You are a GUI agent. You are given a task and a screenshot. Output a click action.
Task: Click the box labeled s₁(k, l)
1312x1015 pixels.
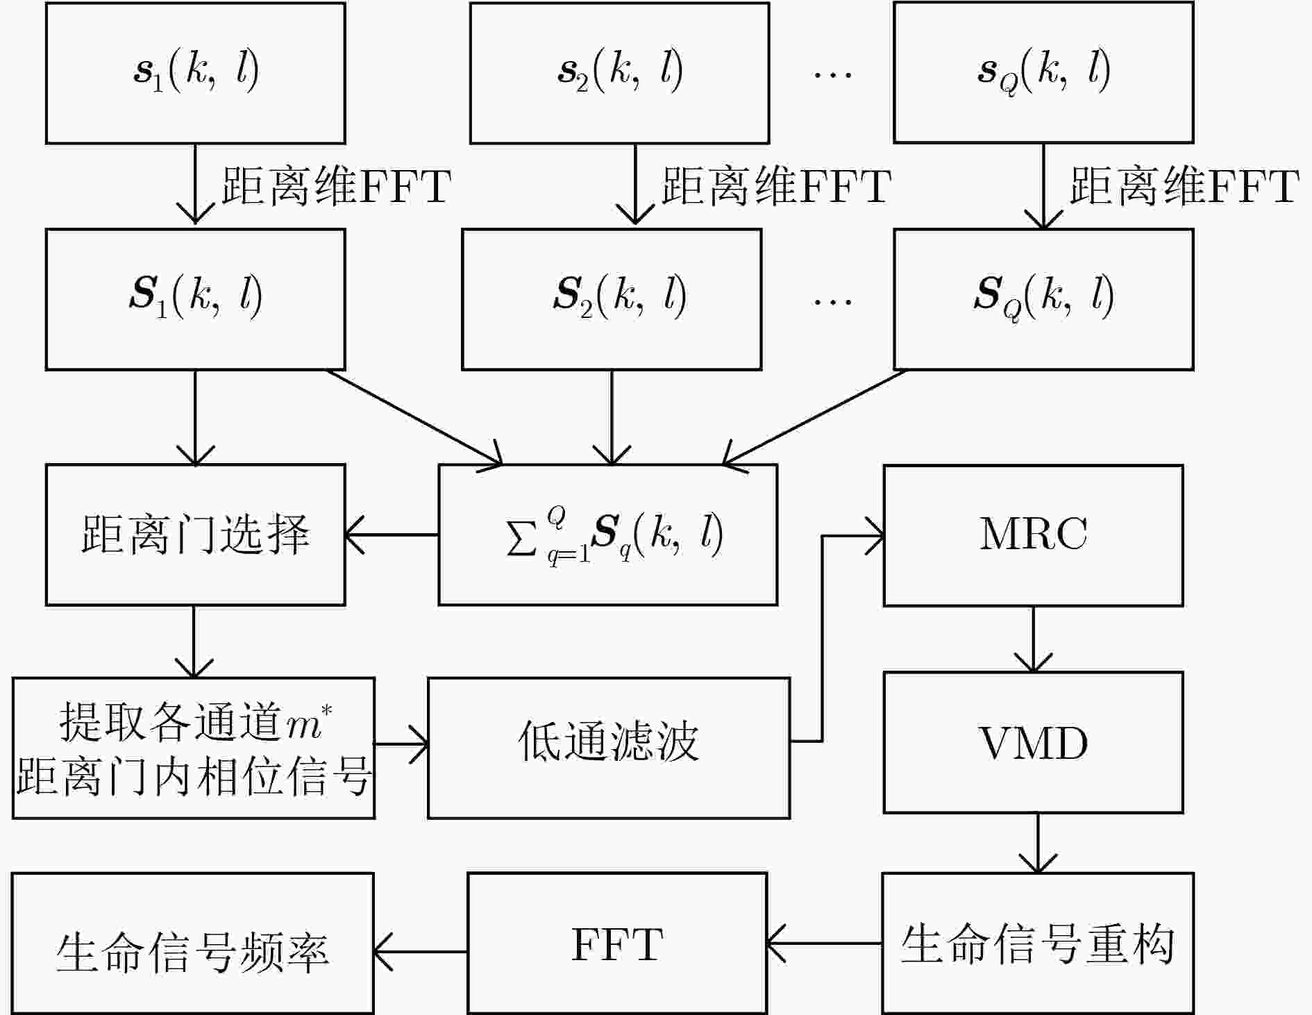click(x=196, y=73)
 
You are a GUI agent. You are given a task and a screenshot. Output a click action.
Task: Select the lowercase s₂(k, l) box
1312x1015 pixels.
click(x=619, y=73)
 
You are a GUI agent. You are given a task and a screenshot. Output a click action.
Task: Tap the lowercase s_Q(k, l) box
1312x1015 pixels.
click(x=1043, y=73)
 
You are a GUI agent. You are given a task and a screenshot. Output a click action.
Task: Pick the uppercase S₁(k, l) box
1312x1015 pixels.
click(x=196, y=299)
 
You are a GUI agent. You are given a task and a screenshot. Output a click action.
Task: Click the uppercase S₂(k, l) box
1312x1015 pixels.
click(x=612, y=299)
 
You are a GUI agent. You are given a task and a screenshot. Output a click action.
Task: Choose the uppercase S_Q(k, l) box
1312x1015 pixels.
click(x=1043, y=299)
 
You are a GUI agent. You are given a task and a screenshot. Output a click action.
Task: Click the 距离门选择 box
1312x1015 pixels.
click(x=196, y=535)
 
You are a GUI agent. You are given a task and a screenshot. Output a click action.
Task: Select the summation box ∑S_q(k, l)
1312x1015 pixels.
click(x=608, y=535)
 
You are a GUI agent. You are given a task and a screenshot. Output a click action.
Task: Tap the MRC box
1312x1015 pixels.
click(x=1033, y=535)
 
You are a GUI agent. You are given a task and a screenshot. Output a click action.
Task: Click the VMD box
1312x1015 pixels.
click(x=1033, y=742)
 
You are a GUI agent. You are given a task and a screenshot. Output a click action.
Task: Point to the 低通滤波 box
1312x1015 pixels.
click(x=609, y=748)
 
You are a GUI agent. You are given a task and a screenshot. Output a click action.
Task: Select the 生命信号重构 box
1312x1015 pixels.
click(x=1038, y=943)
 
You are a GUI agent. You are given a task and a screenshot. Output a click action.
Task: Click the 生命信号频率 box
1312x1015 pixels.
click(x=193, y=943)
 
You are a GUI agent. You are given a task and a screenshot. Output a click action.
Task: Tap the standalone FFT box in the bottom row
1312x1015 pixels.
click(x=617, y=943)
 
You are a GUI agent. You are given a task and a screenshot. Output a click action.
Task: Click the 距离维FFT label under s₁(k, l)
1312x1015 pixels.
click(x=337, y=185)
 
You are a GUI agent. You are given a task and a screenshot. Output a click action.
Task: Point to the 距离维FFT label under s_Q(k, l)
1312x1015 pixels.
click(x=1184, y=185)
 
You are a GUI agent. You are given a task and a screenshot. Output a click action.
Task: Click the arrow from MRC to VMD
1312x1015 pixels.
click(x=1034, y=639)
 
